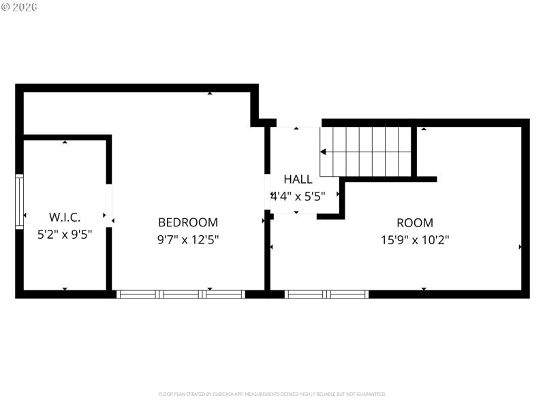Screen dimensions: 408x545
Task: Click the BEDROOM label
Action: (x=188, y=222)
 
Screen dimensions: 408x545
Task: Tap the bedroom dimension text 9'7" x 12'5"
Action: (x=188, y=239)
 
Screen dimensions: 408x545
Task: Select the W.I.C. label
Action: (x=65, y=218)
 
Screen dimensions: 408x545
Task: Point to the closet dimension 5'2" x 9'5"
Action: (x=65, y=234)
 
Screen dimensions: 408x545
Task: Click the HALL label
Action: (x=298, y=180)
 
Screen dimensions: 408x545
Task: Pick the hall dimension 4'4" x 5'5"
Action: (x=298, y=196)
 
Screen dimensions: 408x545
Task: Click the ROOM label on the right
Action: (x=415, y=222)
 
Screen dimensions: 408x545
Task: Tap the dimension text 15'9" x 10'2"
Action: (x=415, y=239)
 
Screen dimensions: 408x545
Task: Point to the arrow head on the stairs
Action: (x=324, y=152)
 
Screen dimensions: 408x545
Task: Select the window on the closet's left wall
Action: (x=19, y=201)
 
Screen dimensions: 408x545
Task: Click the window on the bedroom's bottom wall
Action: (x=181, y=294)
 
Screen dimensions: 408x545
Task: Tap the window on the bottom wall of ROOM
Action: (x=326, y=294)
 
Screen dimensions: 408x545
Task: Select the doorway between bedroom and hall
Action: (x=268, y=196)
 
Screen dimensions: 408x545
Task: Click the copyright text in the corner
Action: (x=20, y=6)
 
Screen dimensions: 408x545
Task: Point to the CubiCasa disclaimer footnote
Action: (x=272, y=394)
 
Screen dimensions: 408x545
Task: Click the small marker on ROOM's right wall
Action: (x=521, y=247)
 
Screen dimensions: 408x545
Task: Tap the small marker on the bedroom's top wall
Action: (x=209, y=93)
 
